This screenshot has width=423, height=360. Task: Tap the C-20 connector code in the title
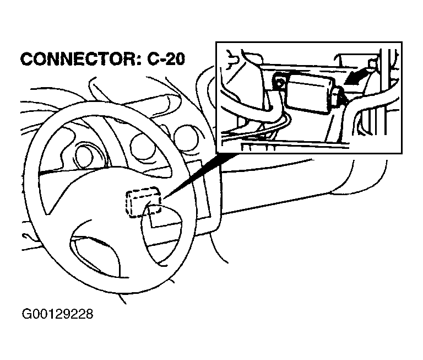coord(166,58)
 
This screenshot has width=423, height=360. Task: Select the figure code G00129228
coord(57,314)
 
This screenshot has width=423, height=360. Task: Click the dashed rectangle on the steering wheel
coord(144,202)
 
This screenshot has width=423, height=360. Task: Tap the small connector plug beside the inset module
coord(339,96)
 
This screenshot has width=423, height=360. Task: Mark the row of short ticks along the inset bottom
coord(258,147)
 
